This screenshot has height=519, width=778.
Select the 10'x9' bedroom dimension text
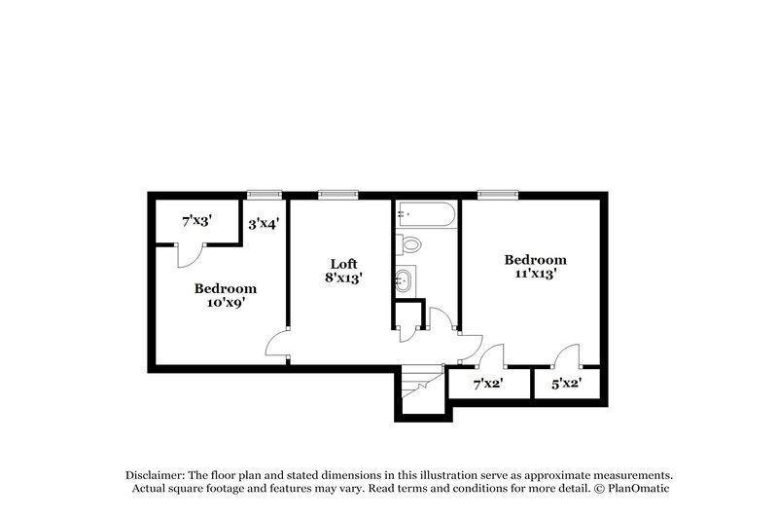[225, 303]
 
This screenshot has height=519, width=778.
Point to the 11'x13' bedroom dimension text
[535, 275]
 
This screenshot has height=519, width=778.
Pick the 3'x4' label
[264, 223]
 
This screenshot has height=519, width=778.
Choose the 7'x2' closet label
[487, 385]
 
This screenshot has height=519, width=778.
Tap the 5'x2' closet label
[566, 385]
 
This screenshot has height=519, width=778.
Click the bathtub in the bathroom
[425, 213]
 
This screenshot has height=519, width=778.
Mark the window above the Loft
[337, 195]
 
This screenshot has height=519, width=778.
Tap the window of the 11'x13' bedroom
[495, 195]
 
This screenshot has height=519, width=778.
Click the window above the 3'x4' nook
[264, 195]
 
